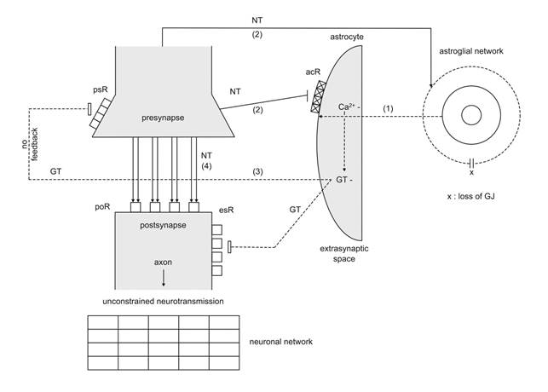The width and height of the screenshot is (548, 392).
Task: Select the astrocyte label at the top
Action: [346, 38]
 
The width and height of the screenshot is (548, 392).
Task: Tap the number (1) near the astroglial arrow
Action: [389, 108]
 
